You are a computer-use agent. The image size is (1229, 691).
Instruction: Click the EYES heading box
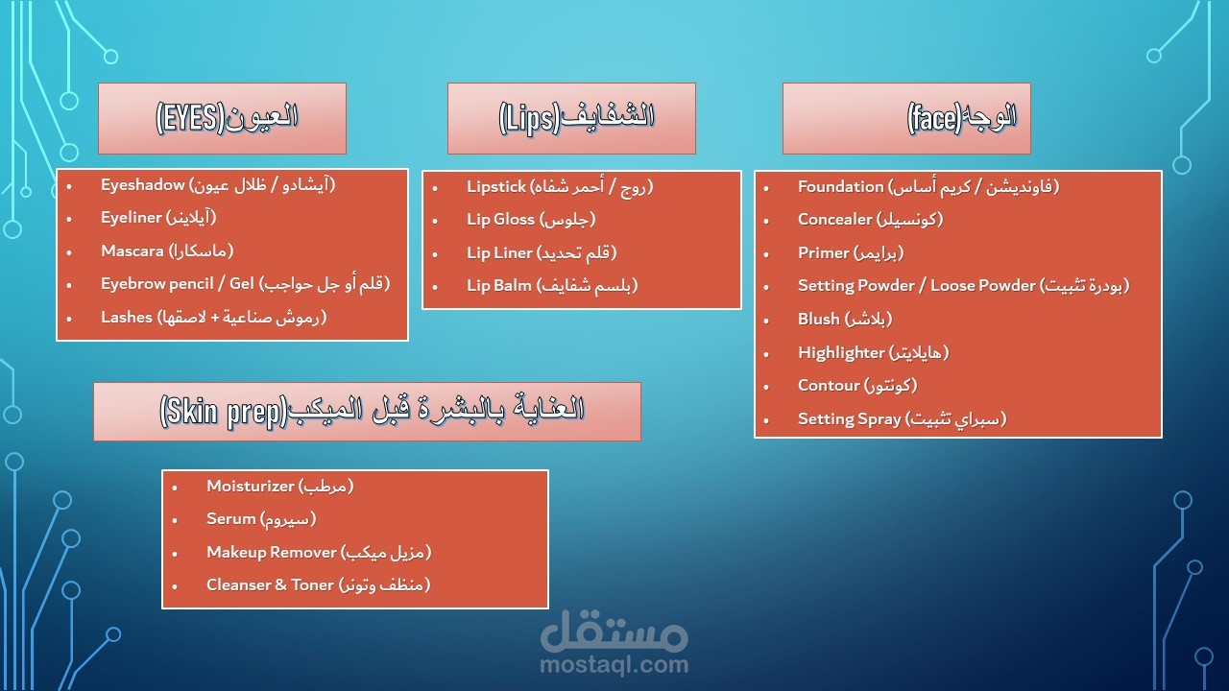click(222, 118)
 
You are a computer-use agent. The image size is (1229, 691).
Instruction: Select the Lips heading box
click(571, 118)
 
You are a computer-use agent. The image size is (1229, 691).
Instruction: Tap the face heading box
click(906, 118)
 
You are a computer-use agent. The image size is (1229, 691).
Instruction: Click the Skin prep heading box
click(367, 412)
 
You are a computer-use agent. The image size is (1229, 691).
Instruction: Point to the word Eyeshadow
click(143, 185)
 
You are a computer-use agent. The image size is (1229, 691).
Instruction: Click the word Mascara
click(133, 251)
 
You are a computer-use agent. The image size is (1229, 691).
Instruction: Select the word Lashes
click(127, 317)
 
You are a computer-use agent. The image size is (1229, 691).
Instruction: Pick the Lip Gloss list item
click(531, 220)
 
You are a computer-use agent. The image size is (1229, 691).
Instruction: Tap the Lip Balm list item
click(552, 286)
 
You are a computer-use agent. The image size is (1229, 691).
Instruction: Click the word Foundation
click(840, 186)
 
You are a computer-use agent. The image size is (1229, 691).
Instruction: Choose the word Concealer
click(835, 220)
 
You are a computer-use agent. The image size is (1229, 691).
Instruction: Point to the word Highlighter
click(841, 352)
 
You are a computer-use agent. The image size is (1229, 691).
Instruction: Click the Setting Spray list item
click(902, 419)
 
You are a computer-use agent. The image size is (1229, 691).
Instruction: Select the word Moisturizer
click(251, 486)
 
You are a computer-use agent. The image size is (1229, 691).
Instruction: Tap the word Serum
click(231, 519)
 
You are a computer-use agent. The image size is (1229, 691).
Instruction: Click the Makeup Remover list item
click(319, 552)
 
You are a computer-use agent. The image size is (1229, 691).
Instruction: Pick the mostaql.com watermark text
click(614, 664)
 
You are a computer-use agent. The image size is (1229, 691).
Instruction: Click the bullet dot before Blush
click(766, 321)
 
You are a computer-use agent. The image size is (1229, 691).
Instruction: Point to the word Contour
click(829, 386)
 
